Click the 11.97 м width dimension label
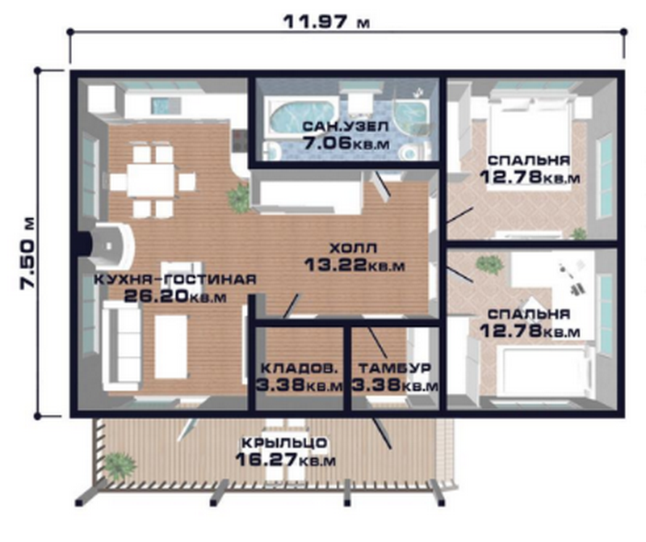pos(326,22)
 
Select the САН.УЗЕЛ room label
pos(346,126)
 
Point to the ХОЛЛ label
pos(354,248)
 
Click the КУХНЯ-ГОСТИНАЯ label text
pos(175,279)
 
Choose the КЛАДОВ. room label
pos(300,368)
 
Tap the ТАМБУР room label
pos(395,368)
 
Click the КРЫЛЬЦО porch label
pos(285,443)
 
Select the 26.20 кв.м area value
pos(175,296)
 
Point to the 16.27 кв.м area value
pos(286,460)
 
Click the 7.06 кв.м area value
pos(346,144)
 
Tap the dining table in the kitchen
pos(151,180)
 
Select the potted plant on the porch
pos(119,466)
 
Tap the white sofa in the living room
pos(121,346)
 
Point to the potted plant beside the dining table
pos(237,198)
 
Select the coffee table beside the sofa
pos(171,347)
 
